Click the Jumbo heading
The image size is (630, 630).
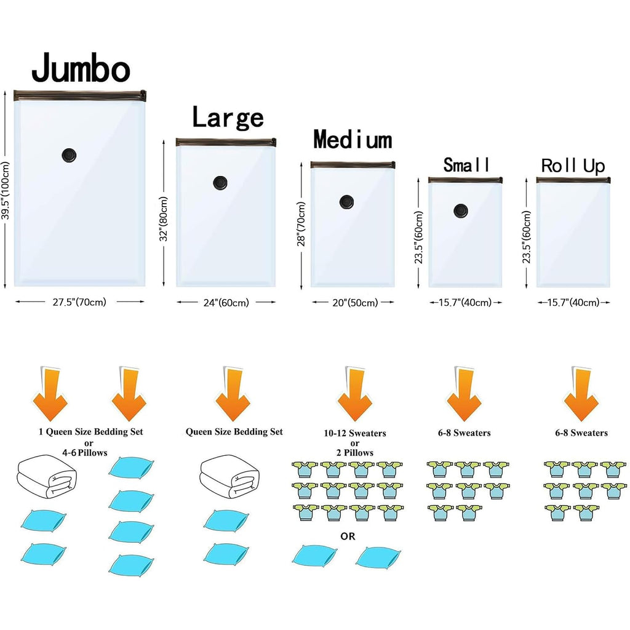[x=81, y=68]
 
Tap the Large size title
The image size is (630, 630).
[x=228, y=117]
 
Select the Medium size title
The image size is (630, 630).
[x=353, y=140]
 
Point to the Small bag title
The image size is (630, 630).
[x=466, y=165]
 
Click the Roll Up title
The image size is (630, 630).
[x=573, y=166]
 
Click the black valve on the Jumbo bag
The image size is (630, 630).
[x=69, y=155]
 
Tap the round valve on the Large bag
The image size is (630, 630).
[x=220, y=183]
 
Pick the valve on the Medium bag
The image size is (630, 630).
[x=346, y=202]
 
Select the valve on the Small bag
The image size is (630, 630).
[x=461, y=210]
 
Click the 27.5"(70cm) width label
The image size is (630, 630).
[x=79, y=301]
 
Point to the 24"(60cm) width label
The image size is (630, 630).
[x=226, y=303]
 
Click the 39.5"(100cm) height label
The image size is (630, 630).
[x=5, y=191]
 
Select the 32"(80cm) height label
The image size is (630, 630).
[x=164, y=219]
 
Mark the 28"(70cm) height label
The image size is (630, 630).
[x=301, y=224]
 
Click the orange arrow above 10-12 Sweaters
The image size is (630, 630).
[x=355, y=394]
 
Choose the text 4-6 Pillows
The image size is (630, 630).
[x=85, y=453]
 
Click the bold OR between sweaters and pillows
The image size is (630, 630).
[x=348, y=536]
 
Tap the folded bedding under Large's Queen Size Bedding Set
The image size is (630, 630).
[x=229, y=477]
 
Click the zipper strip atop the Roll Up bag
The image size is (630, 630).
[x=573, y=180]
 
